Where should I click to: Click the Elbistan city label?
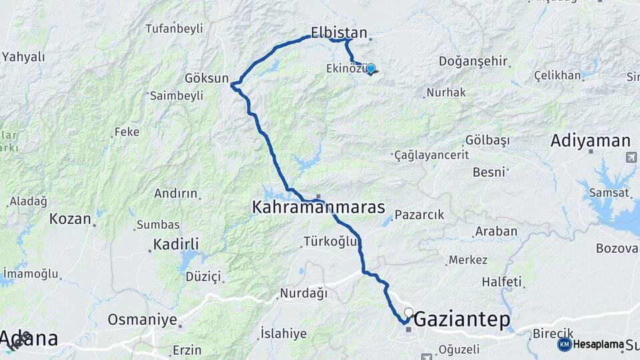pyautogui.click(x=339, y=32)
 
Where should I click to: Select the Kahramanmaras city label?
pyautogui.click(x=319, y=208)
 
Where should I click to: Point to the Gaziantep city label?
pyautogui.click(x=463, y=320)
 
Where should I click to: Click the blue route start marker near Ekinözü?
pyautogui.click(x=371, y=68)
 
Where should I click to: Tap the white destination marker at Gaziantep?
pyautogui.click(x=409, y=312)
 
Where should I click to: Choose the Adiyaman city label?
pyautogui.click(x=591, y=141)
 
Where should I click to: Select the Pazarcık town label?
pyautogui.click(x=419, y=215)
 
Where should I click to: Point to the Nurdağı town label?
pyautogui.click(x=304, y=293)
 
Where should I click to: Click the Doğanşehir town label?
pyautogui.click(x=473, y=61)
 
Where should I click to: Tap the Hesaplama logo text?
pyautogui.click(x=598, y=344)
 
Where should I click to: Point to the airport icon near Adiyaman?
pyautogui.click(x=631, y=157)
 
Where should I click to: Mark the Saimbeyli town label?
pyautogui.click(x=177, y=95)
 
